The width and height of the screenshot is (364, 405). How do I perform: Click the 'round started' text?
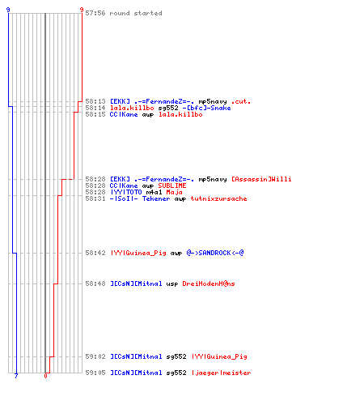pos(136,13)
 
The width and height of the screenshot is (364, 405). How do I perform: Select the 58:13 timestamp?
pos(95,101)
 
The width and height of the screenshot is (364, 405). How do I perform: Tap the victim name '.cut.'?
pos(241,101)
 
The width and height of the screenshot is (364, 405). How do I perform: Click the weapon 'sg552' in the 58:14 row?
pos(168,108)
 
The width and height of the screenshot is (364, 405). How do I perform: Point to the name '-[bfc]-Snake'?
pos(206,108)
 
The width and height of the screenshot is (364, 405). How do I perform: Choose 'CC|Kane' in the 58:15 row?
pos(124,114)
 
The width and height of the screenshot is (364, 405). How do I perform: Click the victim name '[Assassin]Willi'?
pos(261,179)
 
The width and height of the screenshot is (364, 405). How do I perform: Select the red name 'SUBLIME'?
pos(172,185)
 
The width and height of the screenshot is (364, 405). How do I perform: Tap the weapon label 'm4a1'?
pos(154,192)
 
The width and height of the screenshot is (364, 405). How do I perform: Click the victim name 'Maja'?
pos(174,192)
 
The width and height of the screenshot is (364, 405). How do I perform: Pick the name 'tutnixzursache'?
pos(218,198)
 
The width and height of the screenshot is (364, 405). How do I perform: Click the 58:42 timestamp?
pos(95,253)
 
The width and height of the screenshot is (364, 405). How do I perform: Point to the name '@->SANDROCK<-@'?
pos(215,253)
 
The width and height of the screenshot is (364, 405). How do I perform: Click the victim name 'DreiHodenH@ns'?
pos(209,283)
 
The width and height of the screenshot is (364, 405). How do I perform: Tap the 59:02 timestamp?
pos(95,356)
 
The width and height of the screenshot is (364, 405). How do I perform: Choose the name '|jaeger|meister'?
pos(221,373)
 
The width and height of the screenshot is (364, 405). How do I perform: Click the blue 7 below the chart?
pos(16,376)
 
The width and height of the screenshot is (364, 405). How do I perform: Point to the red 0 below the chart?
pos(45,376)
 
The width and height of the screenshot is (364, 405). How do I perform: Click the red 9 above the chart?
pos(82,10)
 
